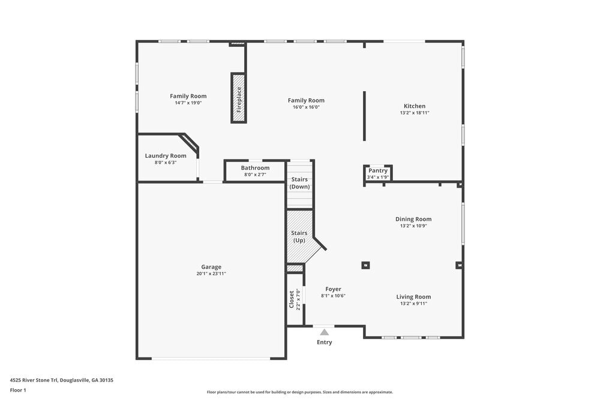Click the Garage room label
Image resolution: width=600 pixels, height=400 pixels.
coord(211,267)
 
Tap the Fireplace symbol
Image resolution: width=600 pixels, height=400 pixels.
coord(239,98)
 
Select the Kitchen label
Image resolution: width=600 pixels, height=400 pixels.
coord(415,106)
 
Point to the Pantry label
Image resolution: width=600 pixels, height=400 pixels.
coord(378,171)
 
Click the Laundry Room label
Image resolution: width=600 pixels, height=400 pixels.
coord(166,156)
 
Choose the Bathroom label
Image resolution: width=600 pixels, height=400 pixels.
coord(255,168)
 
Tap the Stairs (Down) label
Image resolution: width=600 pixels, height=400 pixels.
coord(300,183)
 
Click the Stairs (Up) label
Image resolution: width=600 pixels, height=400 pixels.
coord(299,237)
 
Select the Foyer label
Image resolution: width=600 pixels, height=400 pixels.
coord(333,289)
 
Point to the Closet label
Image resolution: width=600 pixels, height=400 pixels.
coord(292,299)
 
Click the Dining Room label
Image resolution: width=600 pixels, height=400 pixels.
coord(413,219)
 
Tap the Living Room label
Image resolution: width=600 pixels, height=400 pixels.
coord(413,297)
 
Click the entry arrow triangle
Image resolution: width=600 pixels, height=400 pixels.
coord(325,332)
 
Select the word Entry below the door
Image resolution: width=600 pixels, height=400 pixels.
coord(324,342)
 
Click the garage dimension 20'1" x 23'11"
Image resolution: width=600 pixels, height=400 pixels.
coord(211,273)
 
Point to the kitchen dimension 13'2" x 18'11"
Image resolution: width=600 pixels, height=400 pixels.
coord(415,113)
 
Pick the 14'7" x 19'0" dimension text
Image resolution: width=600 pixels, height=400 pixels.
coord(188,103)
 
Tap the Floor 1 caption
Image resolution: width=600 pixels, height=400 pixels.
coord(18,390)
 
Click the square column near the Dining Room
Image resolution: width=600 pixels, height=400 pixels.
coord(365,265)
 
